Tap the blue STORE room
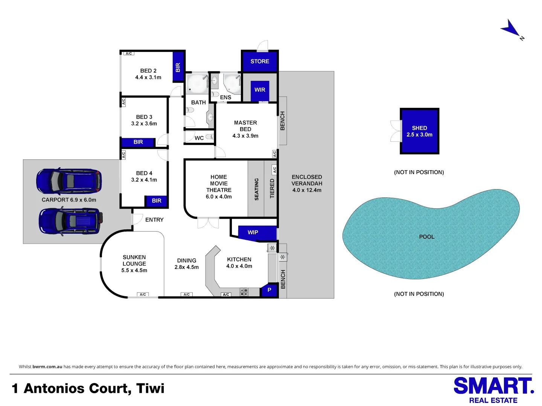(259, 61)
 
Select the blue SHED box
(419, 131)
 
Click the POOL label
(426, 237)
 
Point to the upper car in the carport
(69, 181)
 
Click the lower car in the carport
(71, 221)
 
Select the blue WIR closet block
(260, 91)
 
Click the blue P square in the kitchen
(269, 290)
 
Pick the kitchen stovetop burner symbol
(244, 292)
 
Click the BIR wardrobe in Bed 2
(178, 67)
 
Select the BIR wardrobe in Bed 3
(138, 142)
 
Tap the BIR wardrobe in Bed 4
(156, 201)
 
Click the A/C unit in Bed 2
(129, 53)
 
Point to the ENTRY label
(154, 220)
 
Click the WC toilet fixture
(209, 136)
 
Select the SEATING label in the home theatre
(256, 189)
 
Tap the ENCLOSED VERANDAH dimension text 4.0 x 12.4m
(307, 190)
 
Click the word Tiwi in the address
(150, 388)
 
